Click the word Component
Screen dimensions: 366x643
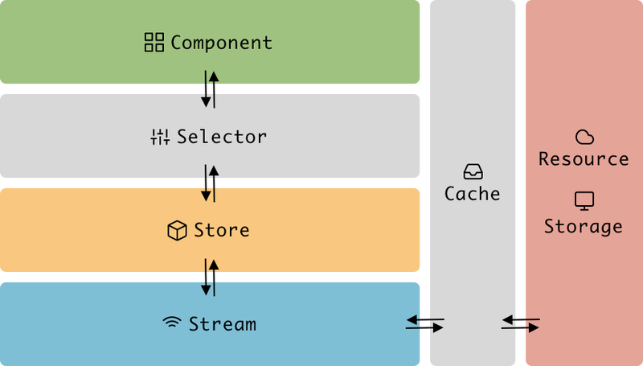(221, 43)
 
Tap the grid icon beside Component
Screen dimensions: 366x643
(154, 43)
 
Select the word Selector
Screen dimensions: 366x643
(222, 137)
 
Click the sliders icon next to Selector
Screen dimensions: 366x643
(160, 138)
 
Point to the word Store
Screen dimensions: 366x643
(222, 231)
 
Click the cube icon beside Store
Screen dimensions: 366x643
(177, 231)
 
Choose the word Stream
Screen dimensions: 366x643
(222, 324)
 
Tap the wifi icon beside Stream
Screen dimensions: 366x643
(172, 324)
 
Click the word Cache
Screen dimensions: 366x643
(473, 194)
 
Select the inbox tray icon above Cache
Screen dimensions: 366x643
(473, 171)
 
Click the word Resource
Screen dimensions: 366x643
(584, 158)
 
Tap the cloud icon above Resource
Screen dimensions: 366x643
(584, 137)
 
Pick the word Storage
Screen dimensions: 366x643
(584, 226)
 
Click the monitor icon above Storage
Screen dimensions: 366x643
(584, 200)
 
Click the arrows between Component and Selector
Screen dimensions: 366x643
(210, 89)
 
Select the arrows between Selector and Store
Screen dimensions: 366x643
(210, 183)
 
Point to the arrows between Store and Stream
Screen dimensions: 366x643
(210, 277)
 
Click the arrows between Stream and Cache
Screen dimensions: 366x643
(424, 324)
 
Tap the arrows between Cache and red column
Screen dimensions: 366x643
(521, 324)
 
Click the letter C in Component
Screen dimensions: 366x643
(176, 43)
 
